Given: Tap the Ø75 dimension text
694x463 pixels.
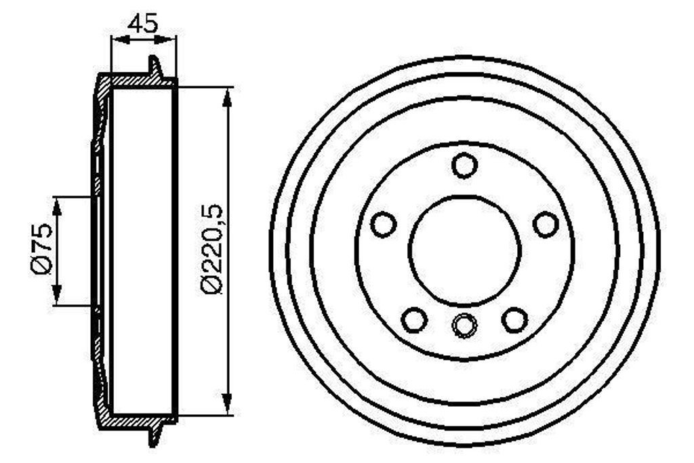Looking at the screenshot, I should (x=41, y=248).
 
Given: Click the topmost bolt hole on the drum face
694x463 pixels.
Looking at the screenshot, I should (x=465, y=165).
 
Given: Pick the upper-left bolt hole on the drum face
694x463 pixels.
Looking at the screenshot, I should (x=384, y=224).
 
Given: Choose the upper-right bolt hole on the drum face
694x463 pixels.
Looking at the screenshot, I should (x=546, y=224).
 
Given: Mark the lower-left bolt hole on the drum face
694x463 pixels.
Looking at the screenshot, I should (x=414, y=319).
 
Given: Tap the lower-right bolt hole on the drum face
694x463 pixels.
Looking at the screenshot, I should (x=515, y=319).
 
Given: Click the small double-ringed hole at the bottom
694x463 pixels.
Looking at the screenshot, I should (x=464, y=326).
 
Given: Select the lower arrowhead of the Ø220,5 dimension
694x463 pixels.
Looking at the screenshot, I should (x=228, y=404).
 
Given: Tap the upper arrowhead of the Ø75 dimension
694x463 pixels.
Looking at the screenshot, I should (x=58, y=206).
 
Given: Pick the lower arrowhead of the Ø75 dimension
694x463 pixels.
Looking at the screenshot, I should (x=58, y=296).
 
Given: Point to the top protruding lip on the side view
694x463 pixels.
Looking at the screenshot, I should (x=154, y=66).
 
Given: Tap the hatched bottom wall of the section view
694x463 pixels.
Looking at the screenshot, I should (x=136, y=422).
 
